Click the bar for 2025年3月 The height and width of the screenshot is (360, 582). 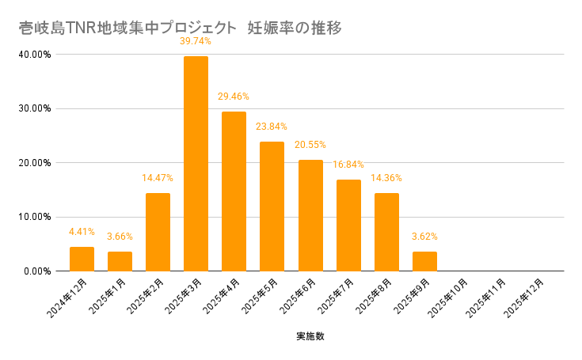pyautogui.click(x=196, y=164)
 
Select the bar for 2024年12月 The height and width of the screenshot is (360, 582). pyautogui.click(x=82, y=259)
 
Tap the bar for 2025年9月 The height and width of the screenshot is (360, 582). pyautogui.click(x=424, y=261)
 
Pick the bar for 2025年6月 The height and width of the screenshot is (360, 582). pyautogui.click(x=310, y=215)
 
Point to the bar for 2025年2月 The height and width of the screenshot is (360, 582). pyautogui.click(x=158, y=232)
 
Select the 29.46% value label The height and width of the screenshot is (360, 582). pyautogui.click(x=234, y=97)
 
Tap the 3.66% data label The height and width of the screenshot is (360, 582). pyautogui.click(x=120, y=237)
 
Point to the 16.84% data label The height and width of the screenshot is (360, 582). pyautogui.click(x=348, y=165)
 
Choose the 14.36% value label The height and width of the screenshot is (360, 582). pyautogui.click(x=386, y=178)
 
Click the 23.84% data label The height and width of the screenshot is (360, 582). pyautogui.click(x=272, y=127)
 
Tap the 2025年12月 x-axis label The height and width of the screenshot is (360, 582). pyautogui.click(x=526, y=297)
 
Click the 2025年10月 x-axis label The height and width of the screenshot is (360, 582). pyautogui.click(x=449, y=297)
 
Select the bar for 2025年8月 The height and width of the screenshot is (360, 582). pyautogui.click(x=386, y=232)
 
